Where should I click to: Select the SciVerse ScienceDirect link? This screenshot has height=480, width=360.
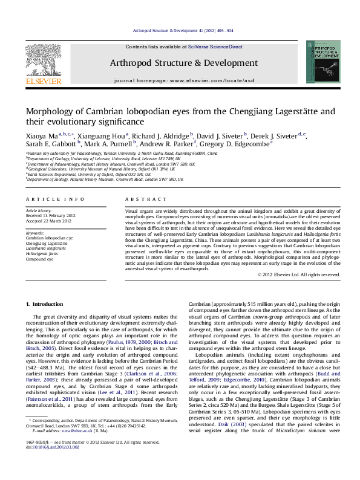click(215, 47)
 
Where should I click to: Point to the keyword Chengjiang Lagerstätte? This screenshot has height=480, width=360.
click(47, 242)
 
